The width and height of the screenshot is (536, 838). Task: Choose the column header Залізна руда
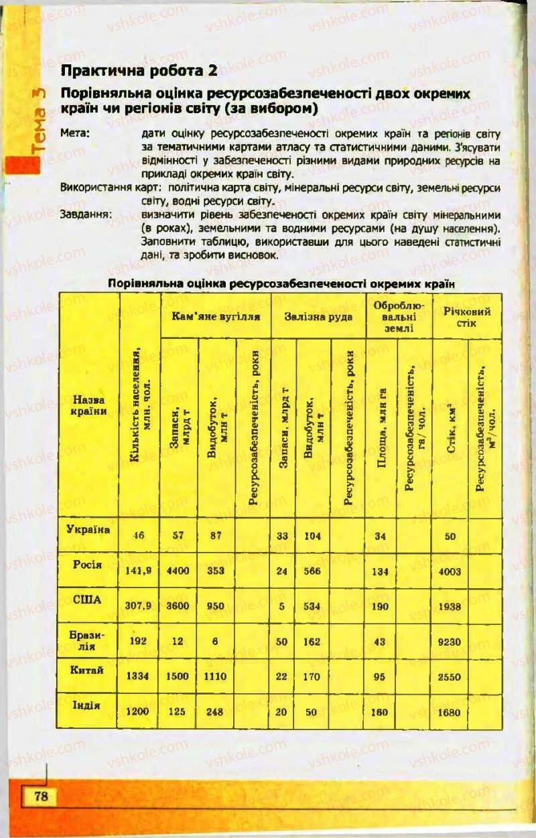coord(318,316)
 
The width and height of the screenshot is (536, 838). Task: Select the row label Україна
coord(89,529)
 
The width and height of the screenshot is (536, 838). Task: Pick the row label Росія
coord(88,565)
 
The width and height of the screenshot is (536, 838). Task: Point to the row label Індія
coord(87,705)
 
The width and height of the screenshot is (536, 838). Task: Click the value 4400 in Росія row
coord(178,571)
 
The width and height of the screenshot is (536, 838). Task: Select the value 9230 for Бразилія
coord(449,641)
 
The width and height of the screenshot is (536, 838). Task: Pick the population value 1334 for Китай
coord(138,677)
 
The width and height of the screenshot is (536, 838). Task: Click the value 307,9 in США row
coord(139,606)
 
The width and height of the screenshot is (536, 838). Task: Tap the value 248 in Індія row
coord(215,712)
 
